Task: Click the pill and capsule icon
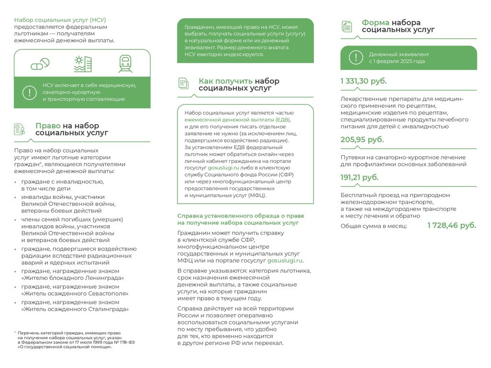point(40,64)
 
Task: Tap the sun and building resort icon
point(82,64)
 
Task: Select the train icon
point(125,64)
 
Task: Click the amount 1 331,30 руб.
point(363,81)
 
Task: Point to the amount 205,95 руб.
point(362,140)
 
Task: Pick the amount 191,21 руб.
point(359,177)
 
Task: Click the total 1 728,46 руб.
point(452,225)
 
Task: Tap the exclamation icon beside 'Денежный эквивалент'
point(356,57)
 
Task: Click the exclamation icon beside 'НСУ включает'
point(30,92)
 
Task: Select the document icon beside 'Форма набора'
point(347,26)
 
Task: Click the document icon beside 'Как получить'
point(183,83)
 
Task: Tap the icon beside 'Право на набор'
point(20,129)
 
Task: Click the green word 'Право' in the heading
point(47,126)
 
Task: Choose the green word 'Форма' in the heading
point(375,23)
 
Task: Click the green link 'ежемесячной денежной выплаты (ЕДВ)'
point(237,119)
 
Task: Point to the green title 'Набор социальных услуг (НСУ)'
point(60,20)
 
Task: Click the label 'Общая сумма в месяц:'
point(373,226)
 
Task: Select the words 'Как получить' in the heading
point(225,81)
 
